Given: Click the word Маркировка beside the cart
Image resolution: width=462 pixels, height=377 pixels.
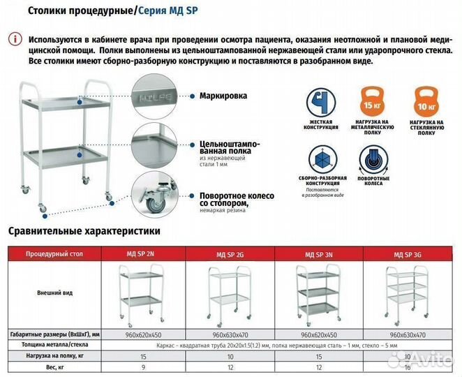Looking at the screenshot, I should (223, 96).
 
